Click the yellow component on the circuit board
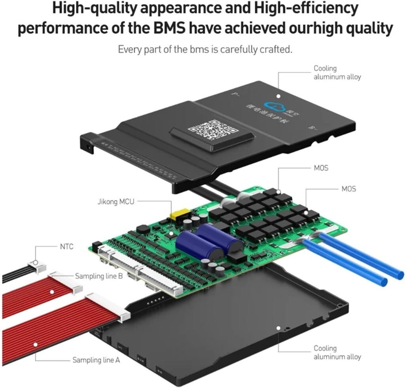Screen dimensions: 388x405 [x=177, y=215]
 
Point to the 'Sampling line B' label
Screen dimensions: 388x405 [x=96, y=276]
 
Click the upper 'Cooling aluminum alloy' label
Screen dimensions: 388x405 [x=337, y=73]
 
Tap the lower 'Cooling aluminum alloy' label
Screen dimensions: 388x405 [x=337, y=352]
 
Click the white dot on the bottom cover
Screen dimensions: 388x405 [x=278, y=328]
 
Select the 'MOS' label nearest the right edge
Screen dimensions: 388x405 [x=348, y=189]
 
